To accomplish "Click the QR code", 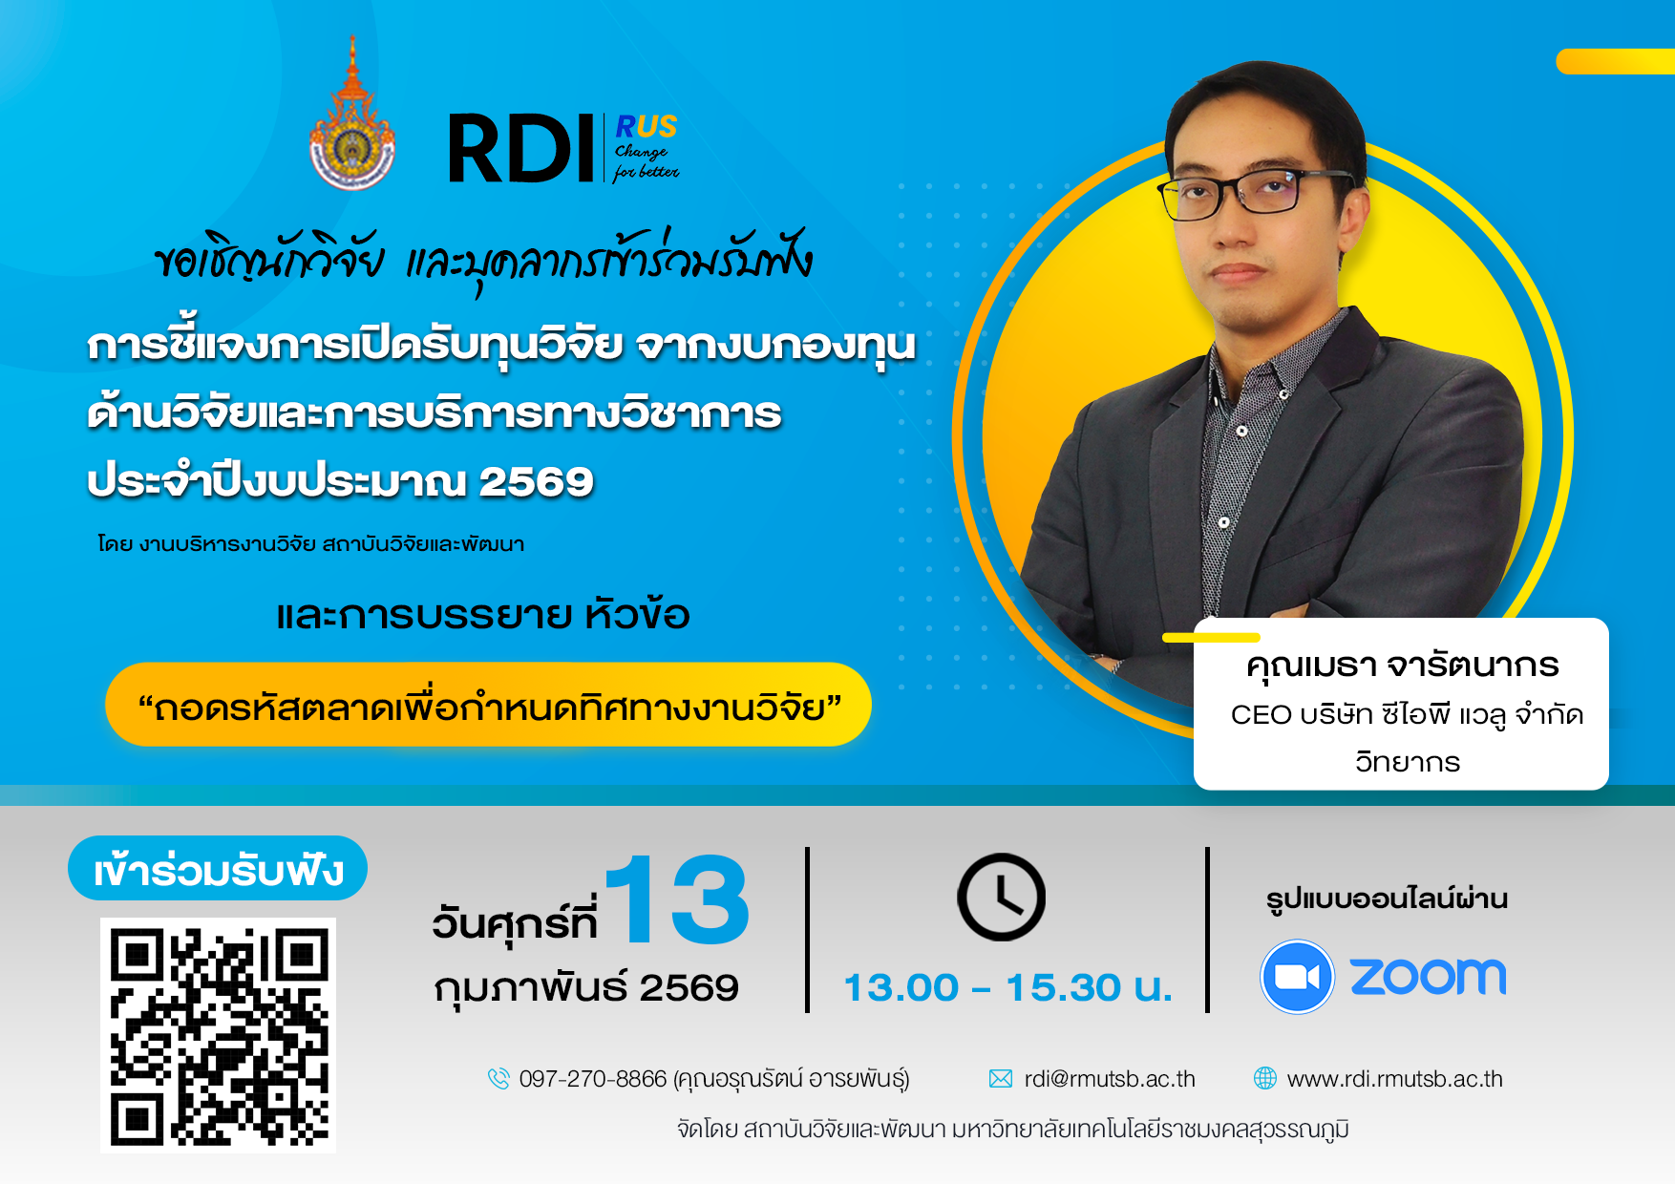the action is pyautogui.click(x=218, y=1035).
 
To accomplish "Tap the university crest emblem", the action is pyautogui.click(x=352, y=114).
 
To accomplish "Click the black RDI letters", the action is pyautogui.click(x=522, y=148).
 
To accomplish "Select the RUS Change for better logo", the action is pyautogui.click(x=647, y=147).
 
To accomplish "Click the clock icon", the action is pyautogui.click(x=1001, y=897).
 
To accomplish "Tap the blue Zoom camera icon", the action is pyautogui.click(x=1297, y=977).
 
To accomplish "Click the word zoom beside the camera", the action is pyautogui.click(x=1428, y=977).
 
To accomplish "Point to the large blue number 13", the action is pyautogui.click(x=677, y=899).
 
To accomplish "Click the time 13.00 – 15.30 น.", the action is pyautogui.click(x=1007, y=987).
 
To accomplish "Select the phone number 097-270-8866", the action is pyautogui.click(x=592, y=1079).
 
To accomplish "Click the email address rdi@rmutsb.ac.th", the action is pyautogui.click(x=1110, y=1079).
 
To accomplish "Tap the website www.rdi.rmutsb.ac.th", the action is pyautogui.click(x=1394, y=1079).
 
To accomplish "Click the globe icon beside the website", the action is pyautogui.click(x=1264, y=1078).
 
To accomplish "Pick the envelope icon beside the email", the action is pyautogui.click(x=1000, y=1079).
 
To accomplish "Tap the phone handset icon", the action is pyautogui.click(x=498, y=1079).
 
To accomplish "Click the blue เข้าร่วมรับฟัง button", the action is pyautogui.click(x=218, y=868).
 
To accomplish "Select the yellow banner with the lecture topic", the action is pyautogui.click(x=488, y=705).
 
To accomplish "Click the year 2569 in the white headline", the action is pyautogui.click(x=536, y=481).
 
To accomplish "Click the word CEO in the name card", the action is pyautogui.click(x=1261, y=714).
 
